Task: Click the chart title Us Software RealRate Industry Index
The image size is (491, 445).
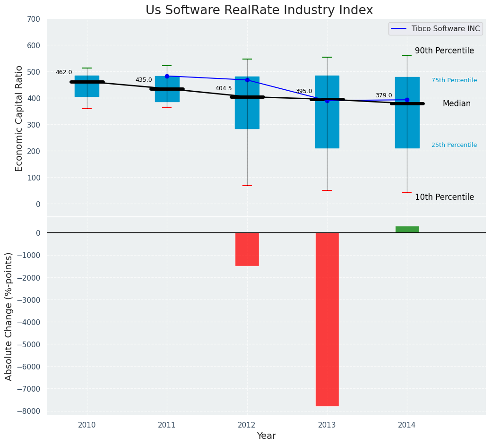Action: (x=259, y=10)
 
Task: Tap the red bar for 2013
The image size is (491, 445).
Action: (x=327, y=319)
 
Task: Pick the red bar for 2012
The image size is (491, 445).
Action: (x=247, y=249)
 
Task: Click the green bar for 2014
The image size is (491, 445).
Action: (x=407, y=230)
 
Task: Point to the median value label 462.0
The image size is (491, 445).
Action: (x=64, y=72)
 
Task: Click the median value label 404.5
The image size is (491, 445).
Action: (x=224, y=88)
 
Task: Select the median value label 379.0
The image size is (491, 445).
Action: (x=384, y=95)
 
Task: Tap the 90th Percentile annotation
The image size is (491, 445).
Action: (x=444, y=51)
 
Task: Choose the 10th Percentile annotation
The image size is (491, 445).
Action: (x=444, y=197)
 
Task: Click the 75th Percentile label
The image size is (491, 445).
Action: (x=454, y=80)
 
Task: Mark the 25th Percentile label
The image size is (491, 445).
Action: (x=454, y=145)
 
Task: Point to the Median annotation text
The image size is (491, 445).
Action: (x=457, y=103)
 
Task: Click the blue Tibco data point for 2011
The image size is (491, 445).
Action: (x=167, y=76)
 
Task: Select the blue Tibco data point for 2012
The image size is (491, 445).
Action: (x=247, y=80)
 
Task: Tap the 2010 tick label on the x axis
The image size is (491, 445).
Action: (x=87, y=425)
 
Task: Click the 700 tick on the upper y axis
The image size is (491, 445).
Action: (x=33, y=19)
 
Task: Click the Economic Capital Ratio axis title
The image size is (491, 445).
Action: (x=19, y=118)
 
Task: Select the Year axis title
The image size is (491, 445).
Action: (x=266, y=436)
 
